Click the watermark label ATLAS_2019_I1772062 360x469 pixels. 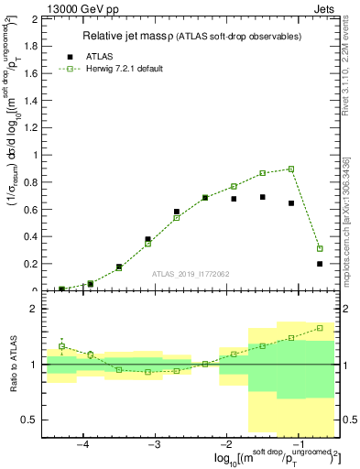coord(191,274)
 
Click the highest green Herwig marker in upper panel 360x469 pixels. coord(291,169)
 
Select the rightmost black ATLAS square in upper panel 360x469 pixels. coord(320,264)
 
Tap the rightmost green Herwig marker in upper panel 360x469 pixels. coord(320,248)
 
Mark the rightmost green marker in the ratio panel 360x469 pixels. coord(320,328)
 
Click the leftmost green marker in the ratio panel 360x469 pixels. coord(61,346)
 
